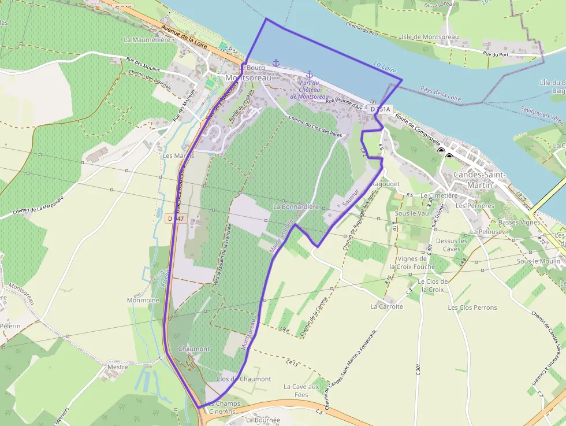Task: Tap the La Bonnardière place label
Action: [296, 206]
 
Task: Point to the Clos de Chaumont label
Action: [243, 379]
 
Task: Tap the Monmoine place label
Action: [143, 301]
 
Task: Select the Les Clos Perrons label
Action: [472, 308]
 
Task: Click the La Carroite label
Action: [387, 306]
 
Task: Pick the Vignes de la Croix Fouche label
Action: [416, 262]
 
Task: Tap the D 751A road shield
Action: [381, 109]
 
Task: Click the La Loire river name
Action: [386, 69]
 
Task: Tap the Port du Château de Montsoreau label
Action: [309, 90]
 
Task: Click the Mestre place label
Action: [117, 366]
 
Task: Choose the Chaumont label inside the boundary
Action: [193, 349]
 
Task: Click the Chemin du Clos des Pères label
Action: [315, 127]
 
